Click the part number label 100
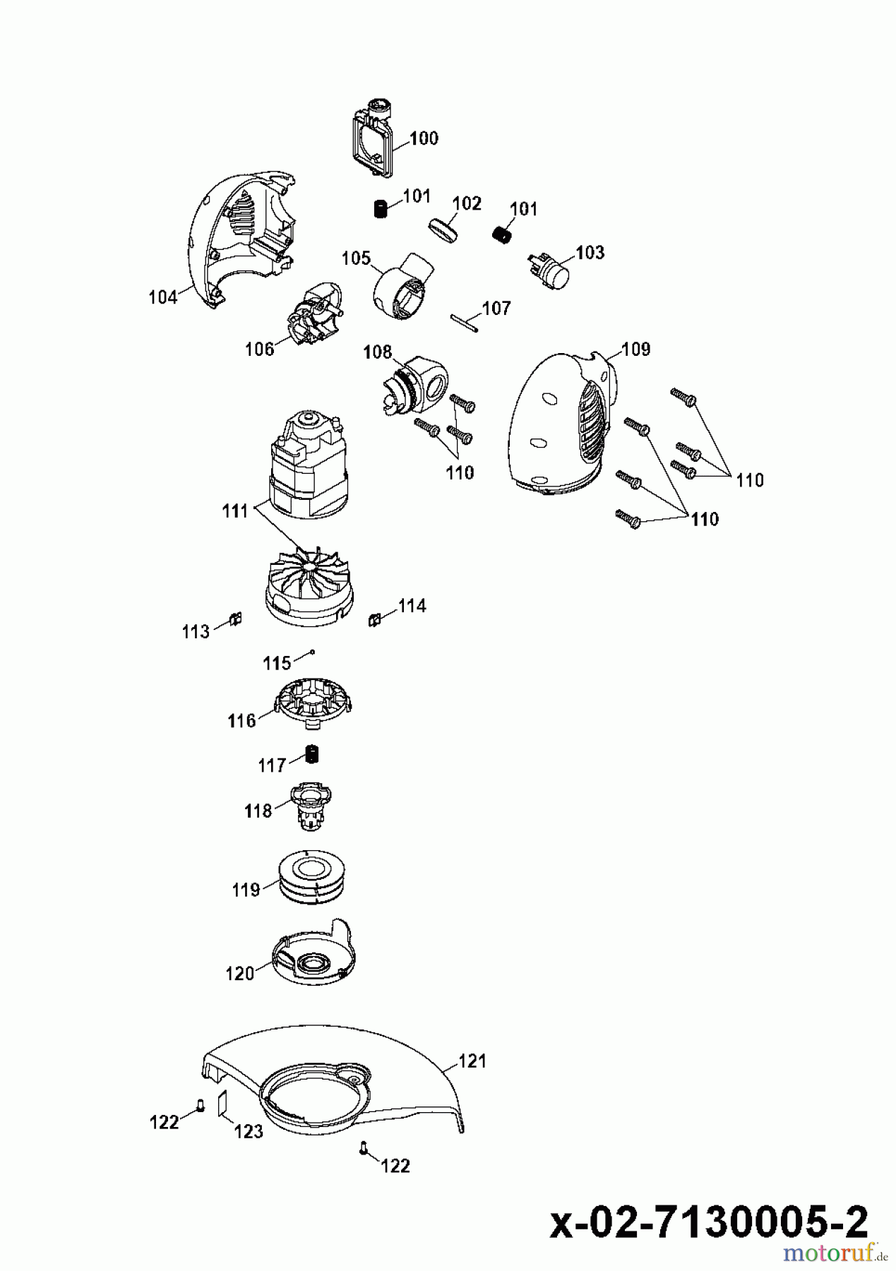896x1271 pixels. [x=424, y=138]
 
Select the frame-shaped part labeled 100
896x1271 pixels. [x=373, y=138]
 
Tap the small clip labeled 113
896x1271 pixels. [x=237, y=619]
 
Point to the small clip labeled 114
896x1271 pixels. [x=374, y=619]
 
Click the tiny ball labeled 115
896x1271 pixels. [x=311, y=653]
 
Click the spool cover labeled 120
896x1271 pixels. [x=313, y=957]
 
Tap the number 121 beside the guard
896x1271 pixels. [x=472, y=1061]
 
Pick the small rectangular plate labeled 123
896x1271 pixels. [x=222, y=1102]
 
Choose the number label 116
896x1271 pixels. [x=241, y=720]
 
